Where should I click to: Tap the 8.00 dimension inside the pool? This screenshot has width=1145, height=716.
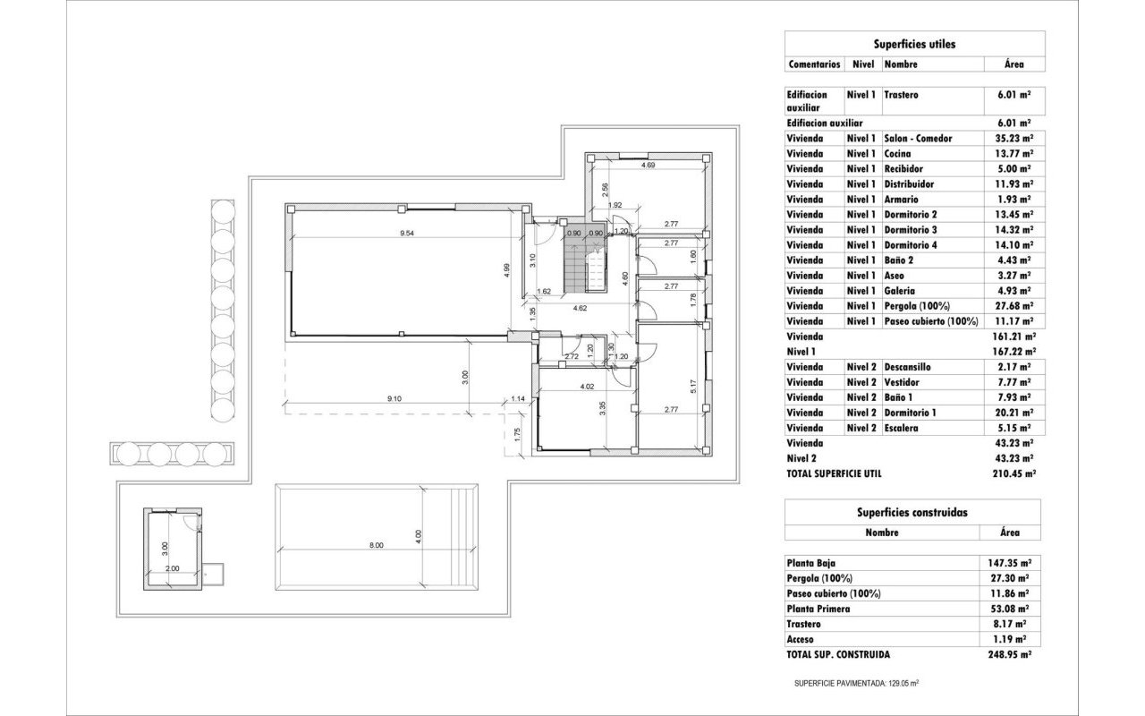click(376, 544)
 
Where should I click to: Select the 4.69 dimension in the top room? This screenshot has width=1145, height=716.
click(648, 166)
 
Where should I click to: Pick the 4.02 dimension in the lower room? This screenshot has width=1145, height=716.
click(587, 387)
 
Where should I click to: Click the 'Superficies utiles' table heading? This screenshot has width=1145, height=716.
click(913, 43)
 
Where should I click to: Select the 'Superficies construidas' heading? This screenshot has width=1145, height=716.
click(912, 512)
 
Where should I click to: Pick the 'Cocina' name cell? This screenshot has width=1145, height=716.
click(898, 154)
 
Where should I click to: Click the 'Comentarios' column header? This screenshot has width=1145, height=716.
click(814, 64)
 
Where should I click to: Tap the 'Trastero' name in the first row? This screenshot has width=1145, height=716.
click(901, 94)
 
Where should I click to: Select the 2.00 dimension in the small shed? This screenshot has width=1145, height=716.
click(172, 567)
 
